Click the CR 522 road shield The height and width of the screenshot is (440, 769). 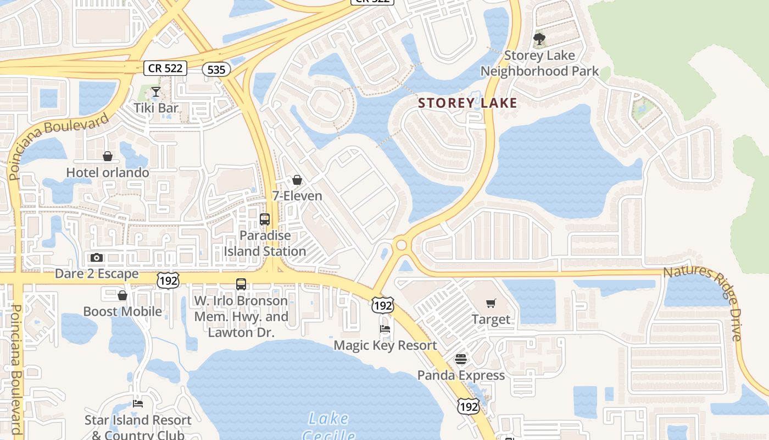point(166,68)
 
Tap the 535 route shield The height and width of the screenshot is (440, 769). point(216,69)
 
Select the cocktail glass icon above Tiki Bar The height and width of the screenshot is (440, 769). point(156,92)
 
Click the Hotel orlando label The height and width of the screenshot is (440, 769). point(108,173)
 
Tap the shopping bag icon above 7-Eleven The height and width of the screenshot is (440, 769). point(297,180)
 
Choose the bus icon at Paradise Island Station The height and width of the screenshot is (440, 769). point(265,219)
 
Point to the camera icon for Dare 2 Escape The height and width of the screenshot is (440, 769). point(97,257)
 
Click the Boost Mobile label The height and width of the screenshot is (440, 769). point(122,311)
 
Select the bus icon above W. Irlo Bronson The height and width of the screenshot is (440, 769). point(241,284)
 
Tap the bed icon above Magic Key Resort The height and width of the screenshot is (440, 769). point(385,329)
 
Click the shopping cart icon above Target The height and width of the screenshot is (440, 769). point(491,303)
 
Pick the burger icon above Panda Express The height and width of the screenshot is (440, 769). point(461,359)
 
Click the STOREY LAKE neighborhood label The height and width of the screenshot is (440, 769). point(467,103)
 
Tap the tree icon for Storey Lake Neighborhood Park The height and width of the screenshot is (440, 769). point(539,39)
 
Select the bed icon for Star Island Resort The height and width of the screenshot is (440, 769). point(138,404)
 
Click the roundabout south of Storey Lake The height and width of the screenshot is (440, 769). point(402,245)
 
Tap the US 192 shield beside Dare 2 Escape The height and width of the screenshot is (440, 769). point(168,280)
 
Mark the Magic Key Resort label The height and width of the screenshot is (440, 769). point(386,345)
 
